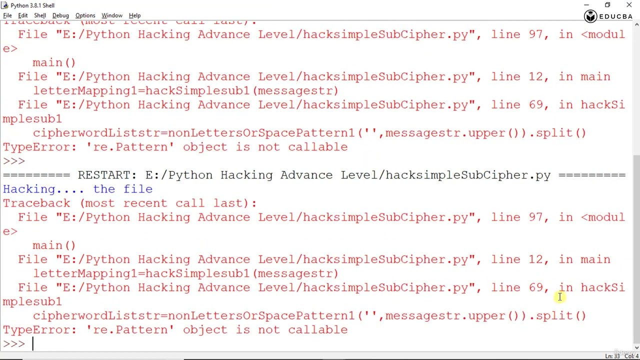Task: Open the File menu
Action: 7,15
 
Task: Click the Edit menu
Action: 23,15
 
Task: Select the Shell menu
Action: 40,15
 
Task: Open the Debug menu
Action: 60,15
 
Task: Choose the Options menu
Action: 85,15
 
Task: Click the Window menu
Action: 112,15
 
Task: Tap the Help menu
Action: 134,15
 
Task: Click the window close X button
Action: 629,5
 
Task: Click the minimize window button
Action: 586,5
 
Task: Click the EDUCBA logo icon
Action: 590,16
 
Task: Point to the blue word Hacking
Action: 29,189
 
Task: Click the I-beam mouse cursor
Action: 560,297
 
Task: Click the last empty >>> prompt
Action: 14,343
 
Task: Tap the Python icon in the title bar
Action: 5,5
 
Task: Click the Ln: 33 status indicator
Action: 612,356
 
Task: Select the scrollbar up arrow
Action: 636,24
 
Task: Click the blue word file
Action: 138,189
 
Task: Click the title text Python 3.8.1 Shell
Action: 32,5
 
